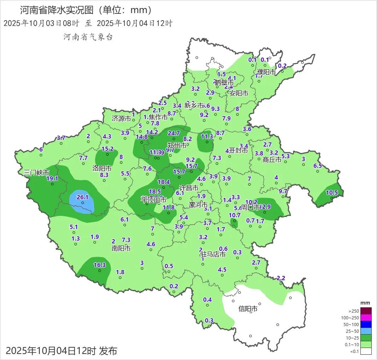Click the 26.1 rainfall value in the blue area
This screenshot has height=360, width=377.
tap(82, 197)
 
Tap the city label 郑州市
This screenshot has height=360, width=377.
tap(177, 146)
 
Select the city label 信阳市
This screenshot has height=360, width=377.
tap(248, 309)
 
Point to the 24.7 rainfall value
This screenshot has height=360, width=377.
tap(174, 133)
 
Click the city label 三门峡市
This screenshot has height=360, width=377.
tap(36, 173)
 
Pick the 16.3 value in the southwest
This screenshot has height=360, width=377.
tap(100, 265)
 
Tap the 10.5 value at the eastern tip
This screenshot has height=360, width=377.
tap(332, 193)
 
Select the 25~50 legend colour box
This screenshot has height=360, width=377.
tap(366, 331)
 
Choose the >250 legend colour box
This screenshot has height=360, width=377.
tap(366, 311)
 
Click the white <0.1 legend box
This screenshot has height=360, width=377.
tap(366, 351)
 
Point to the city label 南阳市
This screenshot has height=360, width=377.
tap(121, 248)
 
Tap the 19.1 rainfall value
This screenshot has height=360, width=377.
tap(52, 178)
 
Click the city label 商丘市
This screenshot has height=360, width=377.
tap(272, 160)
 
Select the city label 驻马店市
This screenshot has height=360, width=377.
tap(213, 254)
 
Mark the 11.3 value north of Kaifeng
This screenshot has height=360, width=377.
tap(207, 136)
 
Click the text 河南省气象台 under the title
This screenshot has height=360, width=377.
tap(88, 37)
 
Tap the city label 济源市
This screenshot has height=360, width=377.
tap(122, 119)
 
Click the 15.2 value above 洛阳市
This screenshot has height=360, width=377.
tap(107, 149)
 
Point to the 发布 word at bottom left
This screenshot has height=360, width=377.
tap(108, 351)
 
